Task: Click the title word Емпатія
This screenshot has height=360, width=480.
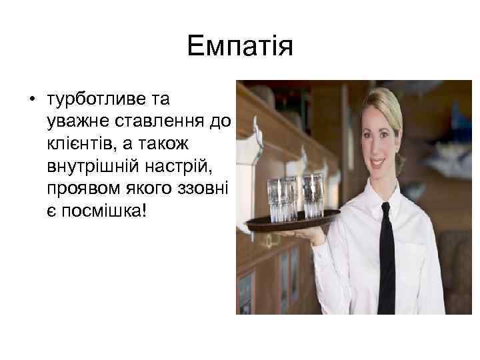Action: coord(240,47)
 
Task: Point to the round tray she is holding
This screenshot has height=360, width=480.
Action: coord(294,220)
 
